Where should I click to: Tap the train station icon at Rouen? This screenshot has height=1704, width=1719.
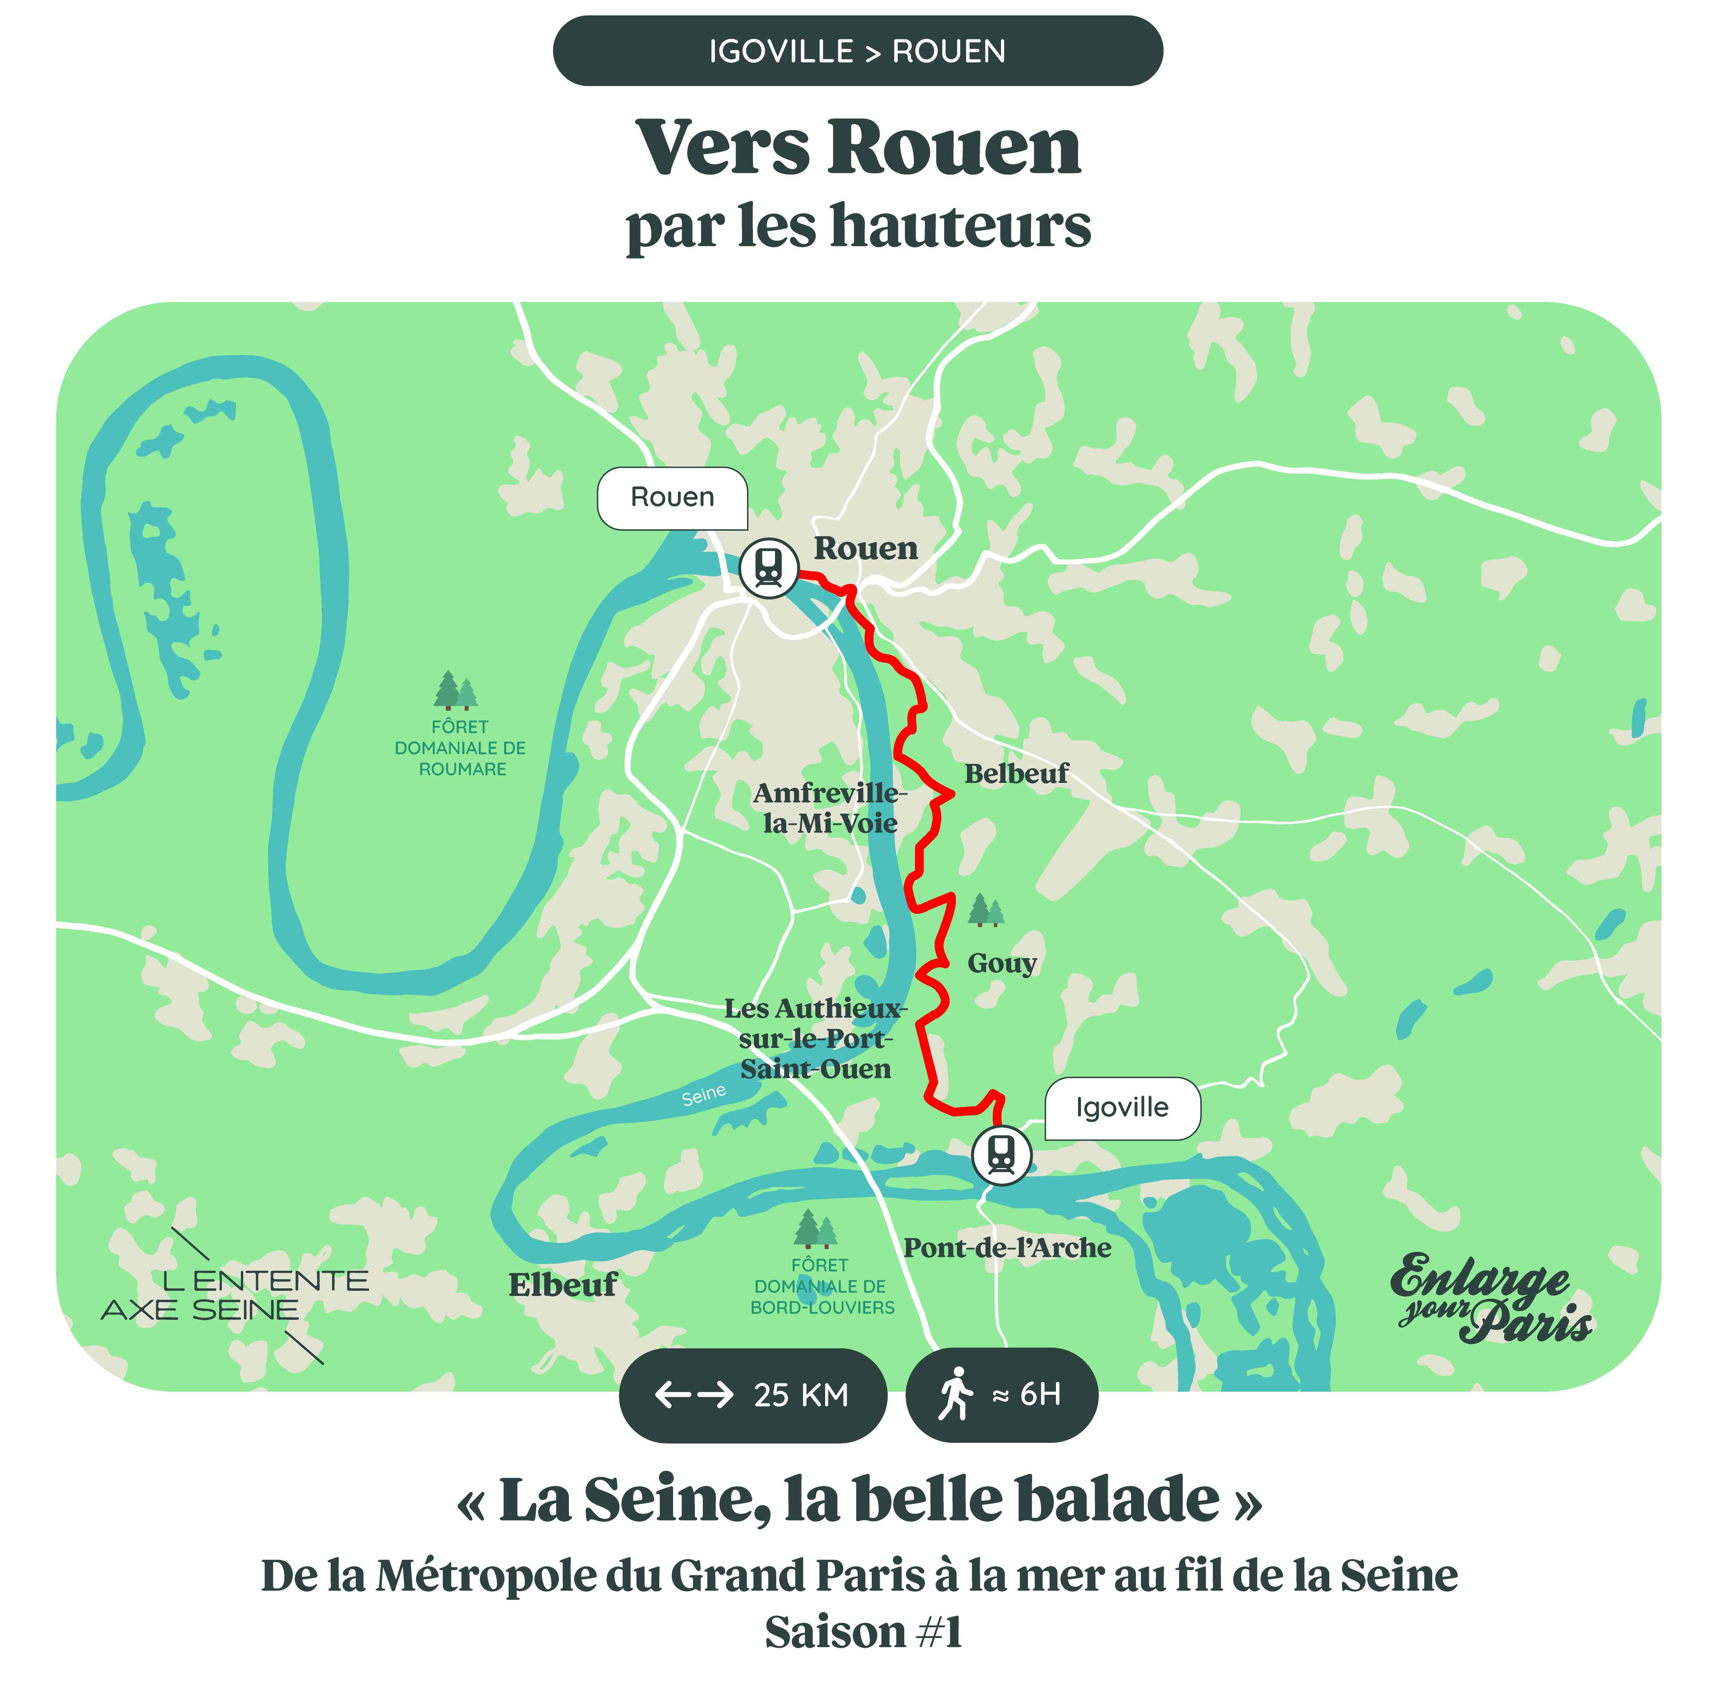coord(769,567)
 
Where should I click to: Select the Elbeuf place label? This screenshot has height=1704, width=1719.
coord(562,1285)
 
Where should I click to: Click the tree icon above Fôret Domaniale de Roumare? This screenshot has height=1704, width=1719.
coord(455,691)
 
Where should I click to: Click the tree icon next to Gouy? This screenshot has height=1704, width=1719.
coord(985,910)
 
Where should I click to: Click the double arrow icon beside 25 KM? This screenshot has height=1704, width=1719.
coord(694,1394)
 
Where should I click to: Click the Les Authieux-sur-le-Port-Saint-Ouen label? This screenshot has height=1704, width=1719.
coord(815,1039)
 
